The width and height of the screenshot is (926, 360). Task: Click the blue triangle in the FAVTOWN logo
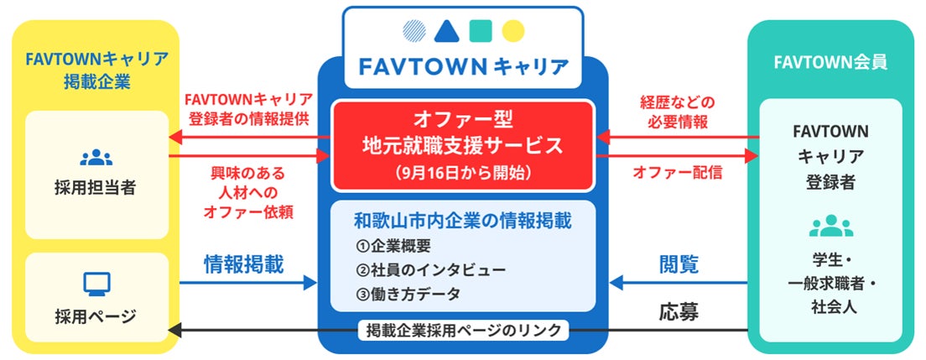tap(445, 31)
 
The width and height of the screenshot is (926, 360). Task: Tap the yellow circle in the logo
tap(512, 31)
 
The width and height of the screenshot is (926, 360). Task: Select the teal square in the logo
tap(479, 31)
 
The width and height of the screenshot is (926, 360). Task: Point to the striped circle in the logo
tap(413, 31)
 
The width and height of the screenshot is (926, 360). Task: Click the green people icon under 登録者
tap(830, 225)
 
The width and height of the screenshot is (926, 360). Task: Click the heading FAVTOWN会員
tap(830, 61)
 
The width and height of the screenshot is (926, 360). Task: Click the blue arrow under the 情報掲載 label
tap(243, 284)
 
